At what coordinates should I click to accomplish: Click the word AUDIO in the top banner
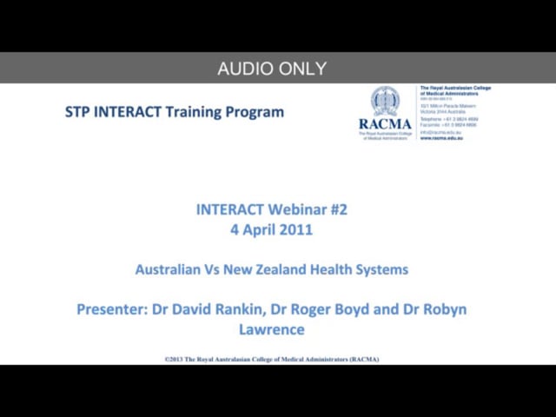pos(243,69)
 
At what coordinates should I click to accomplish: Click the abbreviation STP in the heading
pos(77,112)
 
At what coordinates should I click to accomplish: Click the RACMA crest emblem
pos(385,102)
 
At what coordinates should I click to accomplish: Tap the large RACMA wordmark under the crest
pos(385,124)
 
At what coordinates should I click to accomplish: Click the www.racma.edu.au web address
pos(441,137)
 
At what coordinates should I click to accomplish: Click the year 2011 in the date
pos(296,230)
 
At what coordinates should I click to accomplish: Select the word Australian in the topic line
pos(169,269)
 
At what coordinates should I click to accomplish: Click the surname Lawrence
pos(272,330)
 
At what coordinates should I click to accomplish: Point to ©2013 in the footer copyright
pos(176,359)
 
